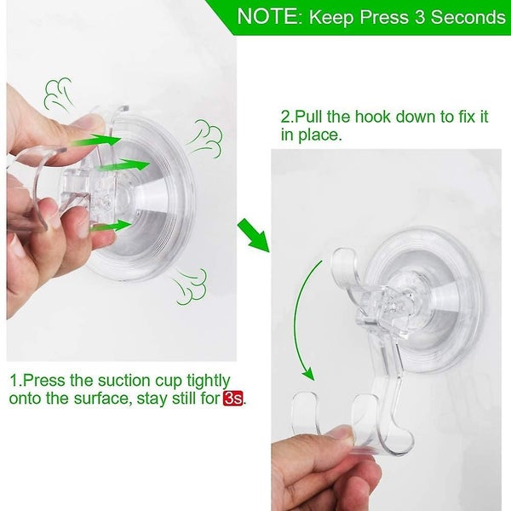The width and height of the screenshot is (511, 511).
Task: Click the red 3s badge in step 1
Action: tap(233, 398)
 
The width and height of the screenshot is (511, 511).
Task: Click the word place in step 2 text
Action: tap(320, 135)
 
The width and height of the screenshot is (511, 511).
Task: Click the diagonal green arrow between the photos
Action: tap(256, 235)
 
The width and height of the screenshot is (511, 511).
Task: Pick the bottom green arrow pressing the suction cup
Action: tap(110, 226)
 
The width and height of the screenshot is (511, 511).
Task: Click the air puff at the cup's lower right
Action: tap(191, 287)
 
